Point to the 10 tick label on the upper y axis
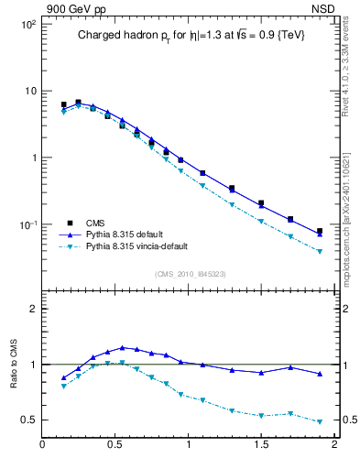(29, 91)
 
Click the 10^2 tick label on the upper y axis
(28, 24)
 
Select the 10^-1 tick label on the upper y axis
(28, 225)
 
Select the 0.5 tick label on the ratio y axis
(28, 420)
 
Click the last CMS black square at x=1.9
(320, 232)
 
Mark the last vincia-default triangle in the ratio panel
(320, 422)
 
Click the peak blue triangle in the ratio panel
(122, 347)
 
